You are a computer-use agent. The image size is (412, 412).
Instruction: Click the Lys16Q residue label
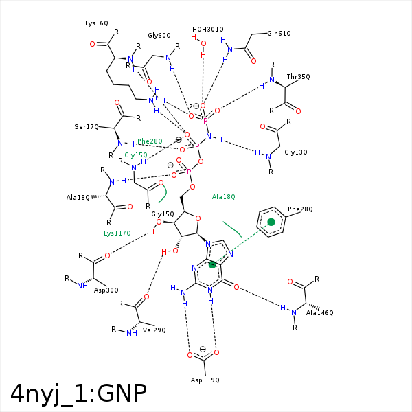click(97, 23)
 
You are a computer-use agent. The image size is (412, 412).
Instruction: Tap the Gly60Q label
click(159, 36)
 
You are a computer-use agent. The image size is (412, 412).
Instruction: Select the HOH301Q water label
click(208, 30)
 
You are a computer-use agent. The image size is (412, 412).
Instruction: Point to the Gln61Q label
click(279, 33)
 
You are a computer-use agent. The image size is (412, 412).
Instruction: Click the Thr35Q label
click(299, 76)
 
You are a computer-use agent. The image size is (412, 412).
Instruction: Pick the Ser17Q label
click(87, 127)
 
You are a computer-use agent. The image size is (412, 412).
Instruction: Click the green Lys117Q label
click(117, 233)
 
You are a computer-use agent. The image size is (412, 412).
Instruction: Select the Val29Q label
click(154, 330)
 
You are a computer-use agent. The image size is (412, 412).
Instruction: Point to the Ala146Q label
click(320, 313)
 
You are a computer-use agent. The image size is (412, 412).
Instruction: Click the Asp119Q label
click(205, 380)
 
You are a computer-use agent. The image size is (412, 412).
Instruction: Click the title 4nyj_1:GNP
click(78, 393)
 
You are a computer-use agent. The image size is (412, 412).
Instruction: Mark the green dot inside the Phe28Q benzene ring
click(271, 222)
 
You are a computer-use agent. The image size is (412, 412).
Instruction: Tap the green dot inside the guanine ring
click(212, 264)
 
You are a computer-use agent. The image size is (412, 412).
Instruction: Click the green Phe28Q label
click(150, 141)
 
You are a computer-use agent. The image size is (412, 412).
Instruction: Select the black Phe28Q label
click(300, 209)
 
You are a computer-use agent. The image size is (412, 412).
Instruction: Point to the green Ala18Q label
click(224, 196)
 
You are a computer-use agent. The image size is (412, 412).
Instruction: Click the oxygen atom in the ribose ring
click(198, 219)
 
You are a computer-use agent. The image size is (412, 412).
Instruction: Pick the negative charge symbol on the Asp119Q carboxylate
click(203, 349)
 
